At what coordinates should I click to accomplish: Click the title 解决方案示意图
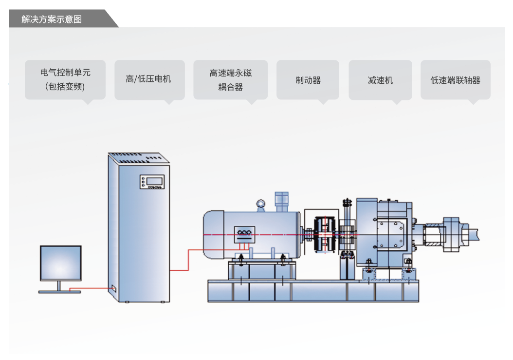(x=52, y=19)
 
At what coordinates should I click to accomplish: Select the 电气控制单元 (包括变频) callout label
(x=65, y=79)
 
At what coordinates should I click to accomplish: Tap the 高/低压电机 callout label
(x=149, y=79)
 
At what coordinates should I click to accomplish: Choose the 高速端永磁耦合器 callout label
(x=230, y=79)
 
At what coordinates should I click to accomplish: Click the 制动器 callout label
(x=308, y=80)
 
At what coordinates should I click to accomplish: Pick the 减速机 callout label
(x=380, y=80)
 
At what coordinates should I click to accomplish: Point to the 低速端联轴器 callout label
(x=455, y=80)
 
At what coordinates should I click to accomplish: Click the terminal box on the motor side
(x=245, y=234)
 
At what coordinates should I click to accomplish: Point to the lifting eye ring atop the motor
(x=260, y=203)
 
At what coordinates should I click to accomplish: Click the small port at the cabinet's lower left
(x=113, y=288)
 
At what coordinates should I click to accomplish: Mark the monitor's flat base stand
(x=59, y=291)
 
